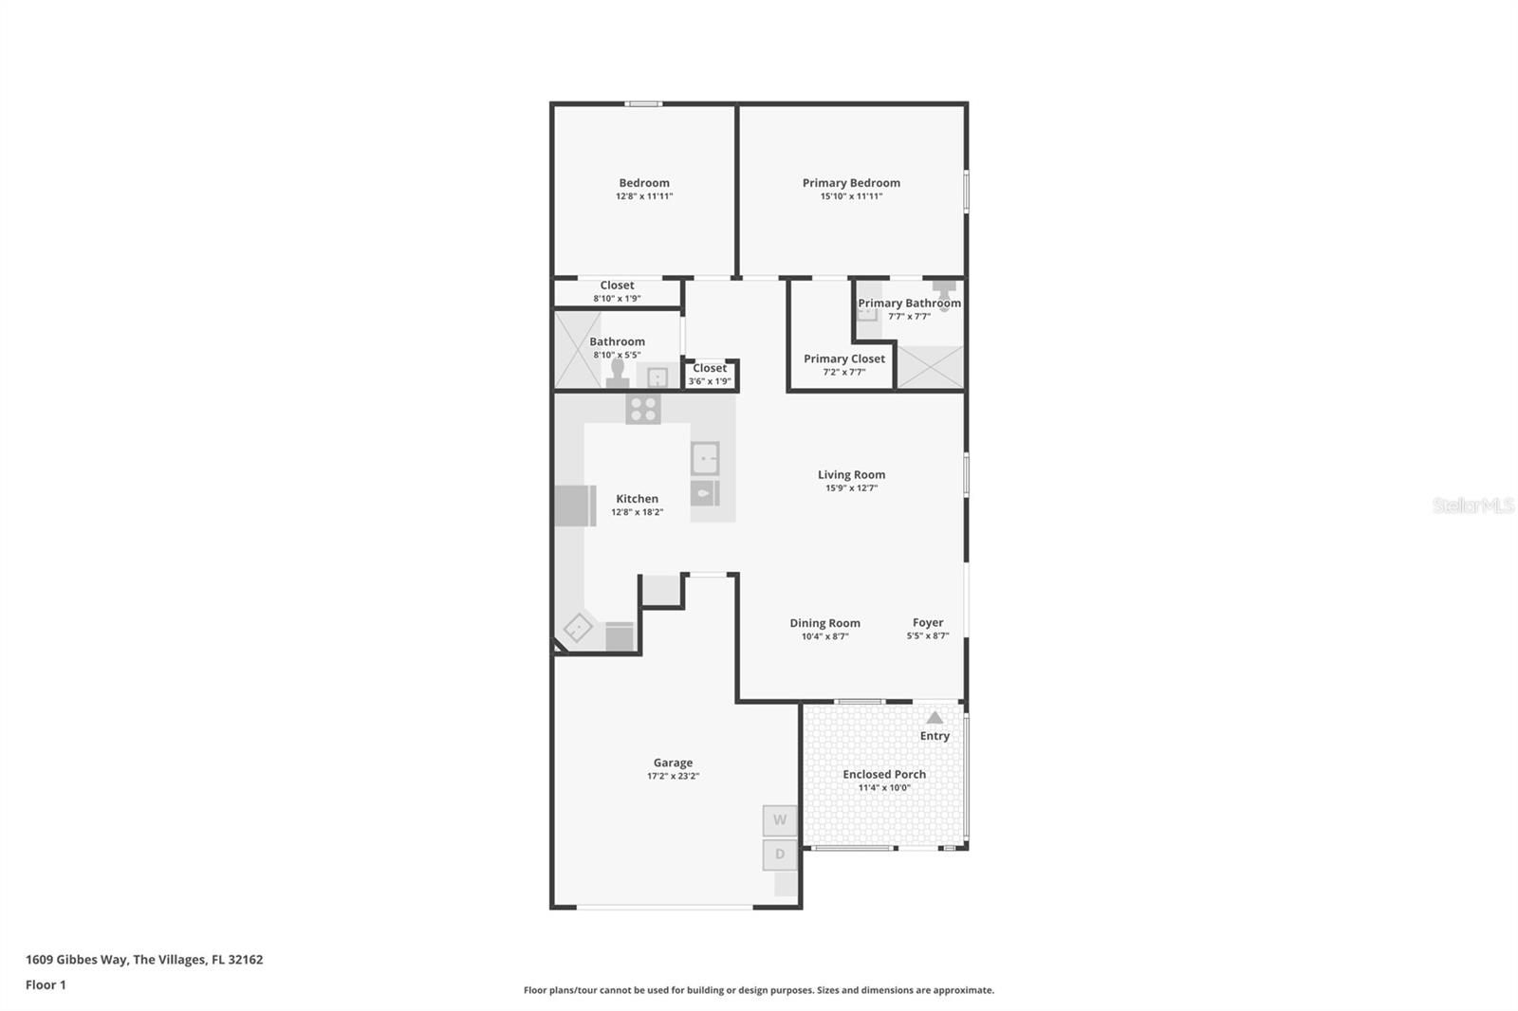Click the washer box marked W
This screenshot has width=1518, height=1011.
(x=780, y=820)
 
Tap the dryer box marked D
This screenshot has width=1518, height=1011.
(x=780, y=855)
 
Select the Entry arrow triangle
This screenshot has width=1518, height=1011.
(x=935, y=718)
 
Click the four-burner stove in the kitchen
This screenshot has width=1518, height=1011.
(x=643, y=409)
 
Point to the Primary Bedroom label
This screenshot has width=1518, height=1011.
(x=851, y=183)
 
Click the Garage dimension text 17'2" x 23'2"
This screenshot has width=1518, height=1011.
(x=673, y=776)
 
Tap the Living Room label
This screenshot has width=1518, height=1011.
(x=851, y=475)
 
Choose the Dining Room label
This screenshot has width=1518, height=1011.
(x=824, y=623)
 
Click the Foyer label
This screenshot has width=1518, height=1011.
(x=927, y=623)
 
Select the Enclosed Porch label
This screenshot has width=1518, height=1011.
(x=884, y=774)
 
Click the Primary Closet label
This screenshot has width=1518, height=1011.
(x=843, y=358)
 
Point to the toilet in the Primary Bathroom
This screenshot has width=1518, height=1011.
(x=944, y=293)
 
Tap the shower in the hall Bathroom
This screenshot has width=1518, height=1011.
(x=578, y=350)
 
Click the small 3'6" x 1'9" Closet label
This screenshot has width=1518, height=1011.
(x=710, y=368)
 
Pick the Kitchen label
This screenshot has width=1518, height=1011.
(x=637, y=499)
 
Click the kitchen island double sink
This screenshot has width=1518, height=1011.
(x=705, y=459)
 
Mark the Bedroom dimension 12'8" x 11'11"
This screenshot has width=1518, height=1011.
(x=644, y=196)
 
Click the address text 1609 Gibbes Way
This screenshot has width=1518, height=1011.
(x=76, y=959)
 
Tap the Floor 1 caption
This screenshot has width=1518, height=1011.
(x=46, y=984)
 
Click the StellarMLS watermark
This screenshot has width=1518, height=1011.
(x=1472, y=505)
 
